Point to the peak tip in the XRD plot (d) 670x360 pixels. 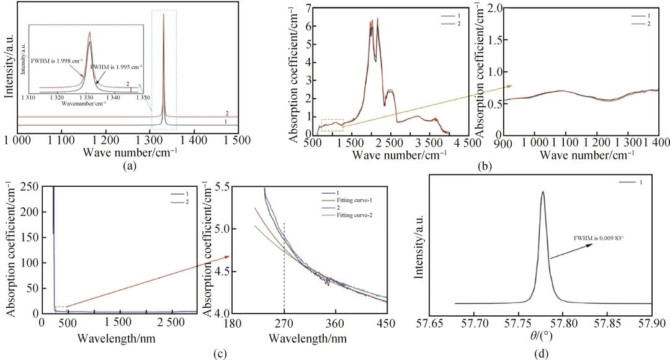(x=543, y=192)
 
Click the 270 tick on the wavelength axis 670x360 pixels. (x=284, y=323)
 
